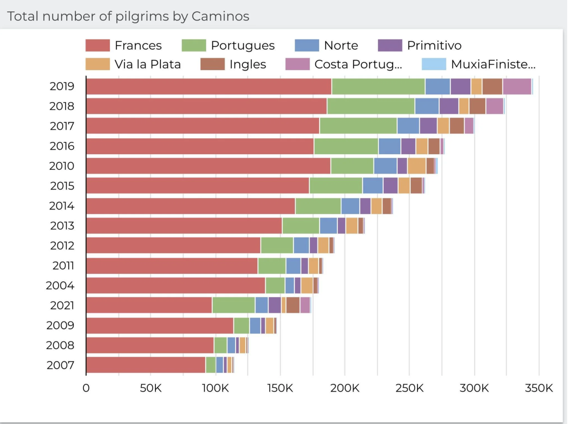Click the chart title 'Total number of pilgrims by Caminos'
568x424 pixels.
128,16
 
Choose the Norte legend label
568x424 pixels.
341,46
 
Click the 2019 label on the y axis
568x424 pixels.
62,86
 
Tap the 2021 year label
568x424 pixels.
62,306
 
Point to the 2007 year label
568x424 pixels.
61,365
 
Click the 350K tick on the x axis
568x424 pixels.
539,388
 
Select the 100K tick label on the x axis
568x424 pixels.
215,388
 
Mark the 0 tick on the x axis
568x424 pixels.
86,388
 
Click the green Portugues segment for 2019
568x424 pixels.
378,86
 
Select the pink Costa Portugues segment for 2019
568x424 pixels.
517,86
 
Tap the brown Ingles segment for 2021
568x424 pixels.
293,305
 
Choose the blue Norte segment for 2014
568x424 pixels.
350,206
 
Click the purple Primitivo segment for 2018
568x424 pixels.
449,106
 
